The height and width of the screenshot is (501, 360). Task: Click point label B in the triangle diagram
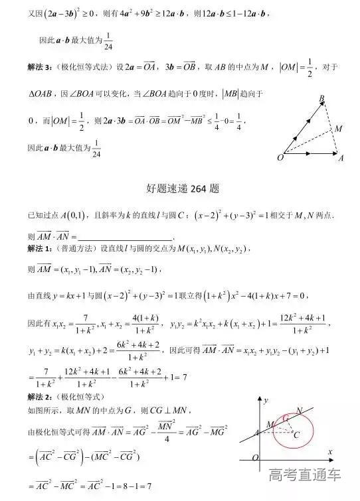(321, 99)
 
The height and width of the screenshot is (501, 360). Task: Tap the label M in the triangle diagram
(338, 128)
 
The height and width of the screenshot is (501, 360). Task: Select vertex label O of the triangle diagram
(280, 158)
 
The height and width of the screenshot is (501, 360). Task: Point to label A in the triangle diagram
(341, 159)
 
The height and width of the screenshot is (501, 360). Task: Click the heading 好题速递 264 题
(181, 188)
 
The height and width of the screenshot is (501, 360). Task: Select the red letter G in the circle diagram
(285, 419)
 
